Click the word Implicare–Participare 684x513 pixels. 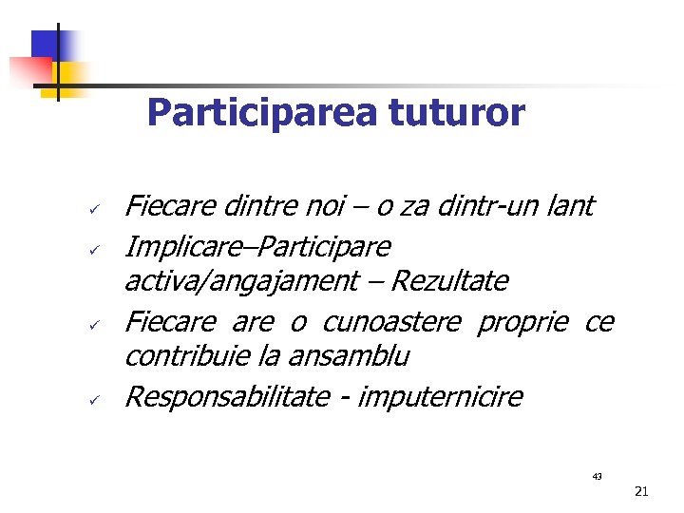pyautogui.click(x=257, y=247)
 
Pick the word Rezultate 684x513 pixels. pyautogui.click(x=449, y=281)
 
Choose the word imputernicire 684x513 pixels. pyautogui.click(x=442, y=396)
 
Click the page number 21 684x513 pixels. pyautogui.click(x=640, y=491)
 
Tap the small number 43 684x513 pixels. pyautogui.click(x=597, y=475)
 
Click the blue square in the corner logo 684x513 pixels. pyautogui.click(x=47, y=45)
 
